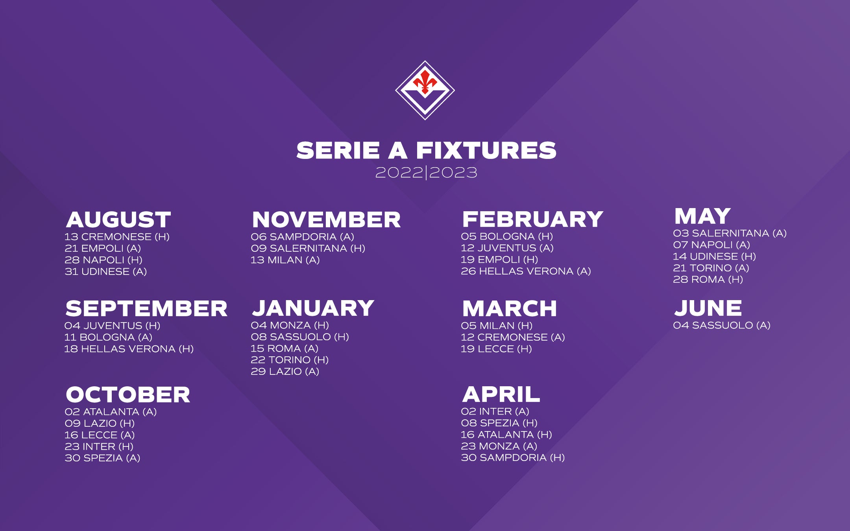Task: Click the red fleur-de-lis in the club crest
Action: pos(425,81)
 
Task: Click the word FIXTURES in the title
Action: pos(486,151)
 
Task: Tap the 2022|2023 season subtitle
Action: pos(426,173)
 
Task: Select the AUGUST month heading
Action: pos(118,219)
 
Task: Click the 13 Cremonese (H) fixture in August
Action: pos(117,237)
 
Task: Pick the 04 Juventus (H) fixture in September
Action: pos(112,326)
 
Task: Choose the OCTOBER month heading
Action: pos(128,395)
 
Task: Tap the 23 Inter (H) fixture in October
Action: pos(99,446)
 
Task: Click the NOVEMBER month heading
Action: pos(326,219)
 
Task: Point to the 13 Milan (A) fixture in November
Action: pos(285,260)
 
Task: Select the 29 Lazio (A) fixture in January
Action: pos(285,371)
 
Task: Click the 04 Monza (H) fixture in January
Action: pos(290,325)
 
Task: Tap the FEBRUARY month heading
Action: pos(532,219)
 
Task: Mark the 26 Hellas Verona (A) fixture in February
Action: pos(526,271)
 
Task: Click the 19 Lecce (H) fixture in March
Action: pos(496,349)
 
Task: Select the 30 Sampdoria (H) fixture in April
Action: pos(513,457)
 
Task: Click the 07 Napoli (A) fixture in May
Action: pos(711,245)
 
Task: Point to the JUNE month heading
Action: pos(708,308)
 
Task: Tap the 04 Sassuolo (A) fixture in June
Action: pos(722,325)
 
